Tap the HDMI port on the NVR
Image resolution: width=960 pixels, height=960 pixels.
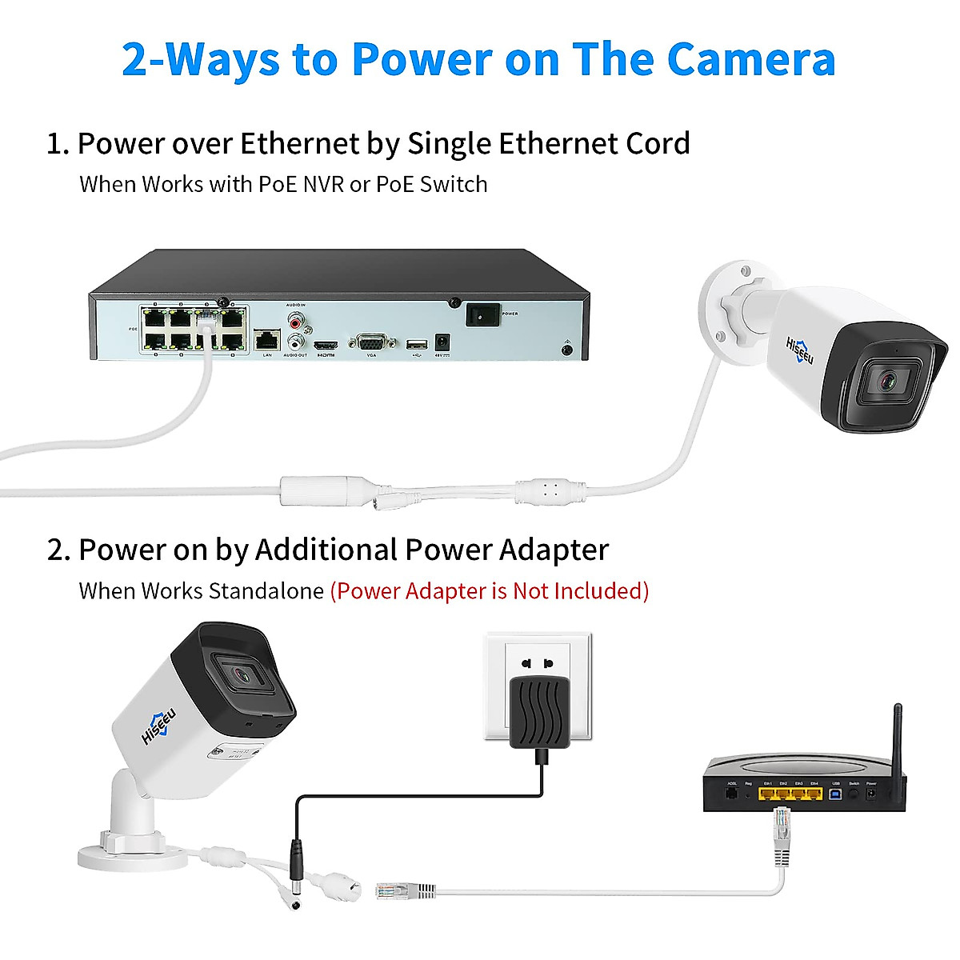tap(325, 345)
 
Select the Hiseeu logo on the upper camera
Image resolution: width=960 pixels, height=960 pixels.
tap(799, 350)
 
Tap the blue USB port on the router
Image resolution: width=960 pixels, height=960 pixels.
tap(836, 794)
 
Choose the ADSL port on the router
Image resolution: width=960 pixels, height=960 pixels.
tap(730, 794)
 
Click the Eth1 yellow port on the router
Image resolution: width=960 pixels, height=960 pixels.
tap(768, 794)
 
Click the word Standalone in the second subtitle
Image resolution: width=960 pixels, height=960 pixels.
tap(266, 591)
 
